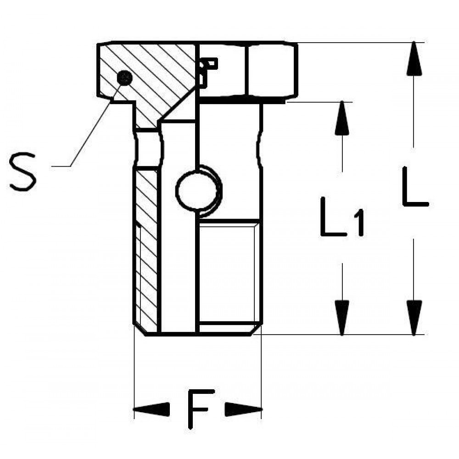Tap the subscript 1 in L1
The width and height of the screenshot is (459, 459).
tap(358, 223)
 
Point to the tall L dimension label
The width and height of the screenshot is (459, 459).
tap(415, 186)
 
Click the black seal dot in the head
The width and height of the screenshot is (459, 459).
tap(124, 78)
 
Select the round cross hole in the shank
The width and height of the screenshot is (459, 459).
tap(198, 190)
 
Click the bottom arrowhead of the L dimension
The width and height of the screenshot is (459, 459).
tap(414, 318)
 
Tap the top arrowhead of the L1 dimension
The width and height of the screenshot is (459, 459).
tap(342, 118)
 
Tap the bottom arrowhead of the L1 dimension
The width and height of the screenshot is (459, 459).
tap(342, 318)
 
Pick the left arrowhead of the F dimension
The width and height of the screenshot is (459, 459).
tap(151, 409)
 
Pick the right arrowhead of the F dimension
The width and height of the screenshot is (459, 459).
tap(243, 409)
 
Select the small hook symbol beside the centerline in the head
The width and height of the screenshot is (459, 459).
tap(208, 72)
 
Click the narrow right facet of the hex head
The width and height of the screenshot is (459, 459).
tap(271, 70)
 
